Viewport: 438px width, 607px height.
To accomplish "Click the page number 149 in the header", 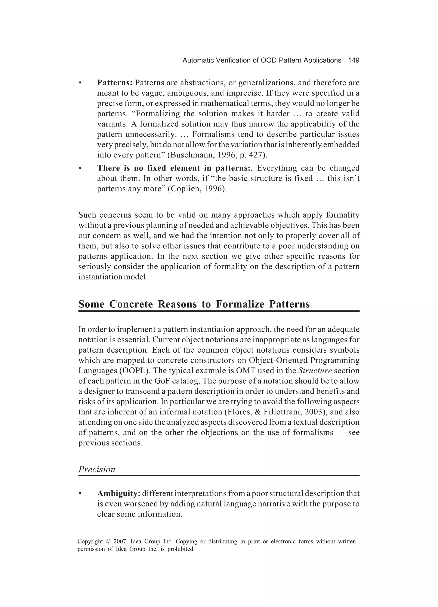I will click(354, 61).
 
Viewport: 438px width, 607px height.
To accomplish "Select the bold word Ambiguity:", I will click(119, 493).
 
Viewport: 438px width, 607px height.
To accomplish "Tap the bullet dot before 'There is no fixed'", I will click(80, 168).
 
